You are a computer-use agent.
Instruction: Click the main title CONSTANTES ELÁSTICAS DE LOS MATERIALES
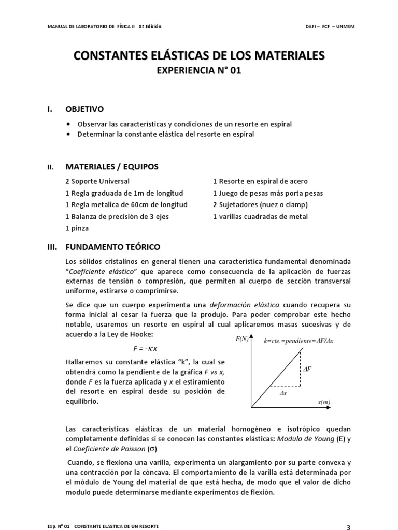click(x=199, y=54)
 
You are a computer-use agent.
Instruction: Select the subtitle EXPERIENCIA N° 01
click(x=199, y=70)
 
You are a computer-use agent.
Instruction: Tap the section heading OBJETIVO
click(x=84, y=109)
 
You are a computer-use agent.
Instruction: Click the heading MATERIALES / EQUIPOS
click(x=112, y=167)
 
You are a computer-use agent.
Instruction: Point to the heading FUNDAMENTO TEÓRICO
click(x=113, y=247)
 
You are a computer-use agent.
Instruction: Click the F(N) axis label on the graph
click(x=242, y=339)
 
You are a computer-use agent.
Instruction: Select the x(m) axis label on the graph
click(x=324, y=402)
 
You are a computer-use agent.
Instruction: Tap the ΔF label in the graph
click(x=307, y=369)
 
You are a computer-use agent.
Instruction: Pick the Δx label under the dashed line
click(x=283, y=393)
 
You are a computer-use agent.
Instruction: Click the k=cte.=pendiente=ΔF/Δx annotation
click(x=298, y=342)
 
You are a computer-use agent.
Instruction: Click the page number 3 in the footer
click(x=348, y=527)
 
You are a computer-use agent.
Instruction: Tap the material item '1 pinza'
click(x=77, y=228)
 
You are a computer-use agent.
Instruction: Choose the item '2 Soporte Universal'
click(x=97, y=181)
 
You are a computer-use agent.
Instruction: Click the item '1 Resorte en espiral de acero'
click(x=260, y=181)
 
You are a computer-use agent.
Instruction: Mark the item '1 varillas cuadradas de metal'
click(x=260, y=216)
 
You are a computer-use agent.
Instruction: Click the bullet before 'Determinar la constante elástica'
click(x=69, y=134)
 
